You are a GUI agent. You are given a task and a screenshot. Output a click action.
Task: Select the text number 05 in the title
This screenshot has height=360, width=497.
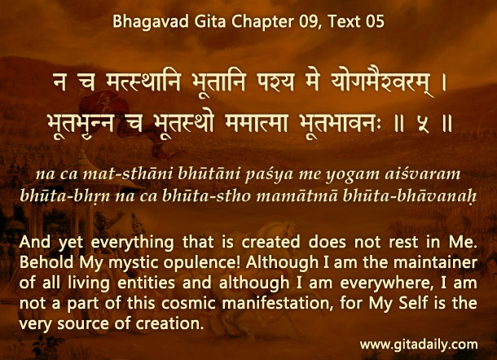(x=375, y=21)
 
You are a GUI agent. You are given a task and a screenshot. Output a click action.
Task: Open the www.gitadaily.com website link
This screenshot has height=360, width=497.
(x=419, y=345)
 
